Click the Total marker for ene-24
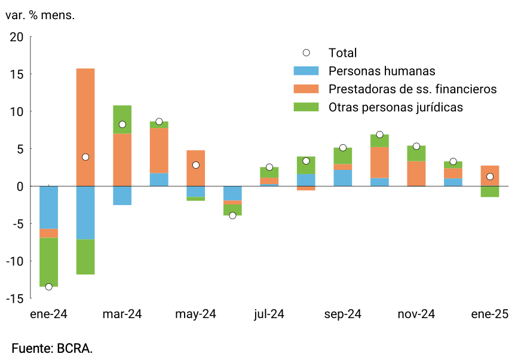click(x=49, y=286)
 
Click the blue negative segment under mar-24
click(x=122, y=196)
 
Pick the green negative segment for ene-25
click(x=490, y=191)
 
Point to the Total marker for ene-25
click(x=490, y=176)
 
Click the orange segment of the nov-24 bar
click(x=416, y=173)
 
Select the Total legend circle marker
click(x=307, y=53)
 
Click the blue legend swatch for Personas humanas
click(x=307, y=71)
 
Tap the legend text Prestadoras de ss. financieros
click(x=413, y=89)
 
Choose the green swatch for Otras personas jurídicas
click(x=307, y=107)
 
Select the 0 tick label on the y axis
click(x=20, y=186)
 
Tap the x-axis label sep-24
click(x=343, y=315)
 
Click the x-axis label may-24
click(x=196, y=315)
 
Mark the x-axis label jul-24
click(x=269, y=315)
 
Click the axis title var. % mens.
click(x=40, y=15)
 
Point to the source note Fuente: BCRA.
click(x=53, y=347)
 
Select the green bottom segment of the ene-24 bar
click(x=49, y=262)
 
